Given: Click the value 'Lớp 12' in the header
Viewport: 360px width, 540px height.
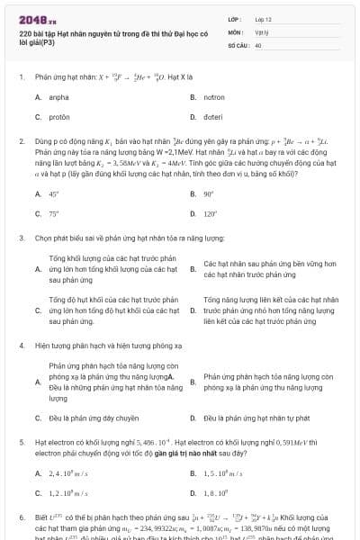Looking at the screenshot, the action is click(x=264, y=18).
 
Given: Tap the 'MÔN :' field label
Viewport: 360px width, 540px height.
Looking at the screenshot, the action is click(x=236, y=31).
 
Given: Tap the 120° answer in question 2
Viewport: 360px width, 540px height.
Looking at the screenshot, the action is click(x=211, y=214).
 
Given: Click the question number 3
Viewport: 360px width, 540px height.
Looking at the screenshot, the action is click(x=22, y=238).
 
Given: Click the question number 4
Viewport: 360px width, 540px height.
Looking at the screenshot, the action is click(x=22, y=346).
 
